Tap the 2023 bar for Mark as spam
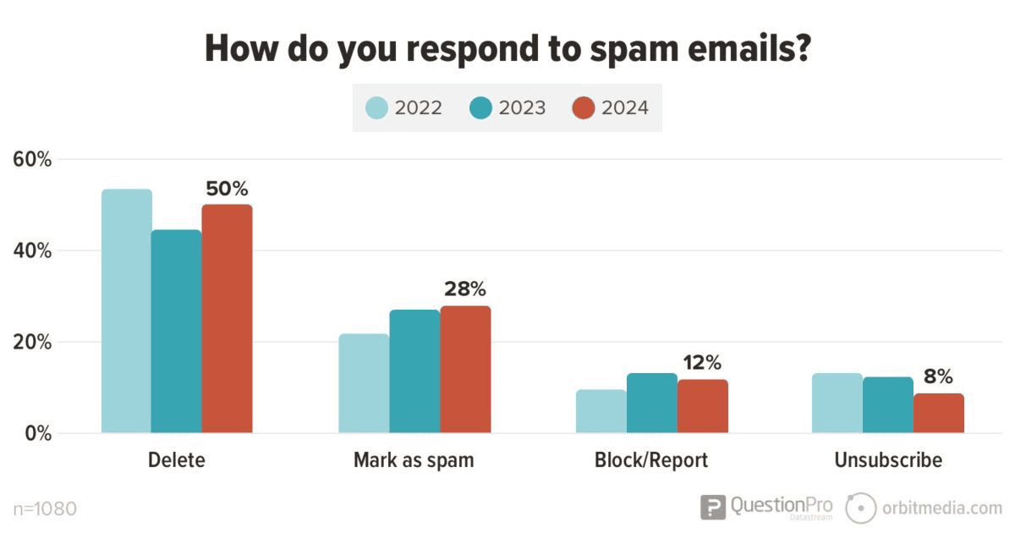414,371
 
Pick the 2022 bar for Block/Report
601,411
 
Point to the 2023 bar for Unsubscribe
888,405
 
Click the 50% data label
227,190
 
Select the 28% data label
465,290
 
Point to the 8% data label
938,376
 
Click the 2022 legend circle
377,108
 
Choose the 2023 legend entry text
521,108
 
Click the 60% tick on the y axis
33,160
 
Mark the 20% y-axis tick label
33,343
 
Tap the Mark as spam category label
414,461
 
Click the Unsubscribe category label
887,461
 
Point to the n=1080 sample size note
46,509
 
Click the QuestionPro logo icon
713,507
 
